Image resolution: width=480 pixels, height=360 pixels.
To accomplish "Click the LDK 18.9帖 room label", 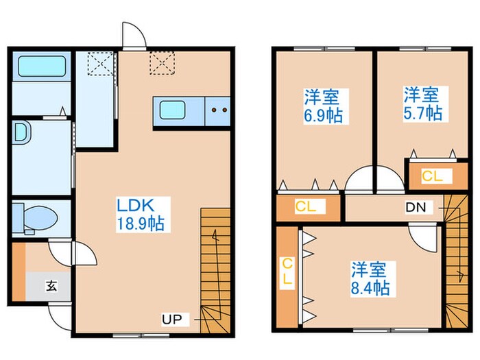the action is [x=141, y=214].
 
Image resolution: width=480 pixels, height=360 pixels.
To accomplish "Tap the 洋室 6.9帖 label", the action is [x=323, y=106].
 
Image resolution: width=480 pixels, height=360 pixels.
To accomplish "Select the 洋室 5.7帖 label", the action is [x=423, y=104].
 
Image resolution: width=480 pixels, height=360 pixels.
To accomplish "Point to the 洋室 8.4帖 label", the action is [x=370, y=278].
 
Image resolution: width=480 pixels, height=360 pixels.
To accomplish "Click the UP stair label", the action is [x=171, y=320].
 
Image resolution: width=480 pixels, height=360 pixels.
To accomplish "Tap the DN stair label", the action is [x=416, y=208].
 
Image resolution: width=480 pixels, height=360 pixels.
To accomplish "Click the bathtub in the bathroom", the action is [x=42, y=66].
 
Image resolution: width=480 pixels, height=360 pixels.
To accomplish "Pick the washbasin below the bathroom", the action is [x=22, y=132].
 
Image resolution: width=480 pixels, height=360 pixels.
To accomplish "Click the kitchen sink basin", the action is [x=172, y=110].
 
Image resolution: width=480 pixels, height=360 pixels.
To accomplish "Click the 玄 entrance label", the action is [x=51, y=286].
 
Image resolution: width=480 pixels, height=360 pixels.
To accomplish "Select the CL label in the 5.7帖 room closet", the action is [x=432, y=176].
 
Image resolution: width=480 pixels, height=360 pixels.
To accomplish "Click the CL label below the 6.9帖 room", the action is [x=306, y=206].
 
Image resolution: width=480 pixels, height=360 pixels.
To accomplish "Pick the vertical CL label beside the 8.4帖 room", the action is [x=287, y=272].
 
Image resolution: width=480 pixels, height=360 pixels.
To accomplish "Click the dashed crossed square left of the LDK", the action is [x=101, y=64].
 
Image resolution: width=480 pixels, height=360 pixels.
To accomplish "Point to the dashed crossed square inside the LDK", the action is [x=163, y=63].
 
